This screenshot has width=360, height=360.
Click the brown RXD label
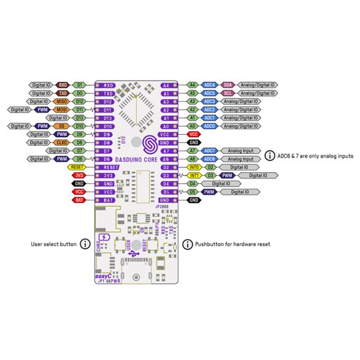pyautogui.click(x=63, y=85)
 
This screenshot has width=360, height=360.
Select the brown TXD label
pyautogui.click(x=63, y=93)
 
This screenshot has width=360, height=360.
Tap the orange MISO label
pyautogui.click(x=62, y=101)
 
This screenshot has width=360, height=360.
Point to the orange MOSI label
pyautogui.click(x=62, y=110)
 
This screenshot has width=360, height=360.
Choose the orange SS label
pyautogui.click(x=62, y=126)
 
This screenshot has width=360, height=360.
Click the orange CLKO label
pyautogui.click(x=62, y=142)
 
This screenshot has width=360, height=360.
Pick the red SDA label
pyautogui.click(x=228, y=85)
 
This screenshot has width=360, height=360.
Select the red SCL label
pyautogui.click(x=228, y=93)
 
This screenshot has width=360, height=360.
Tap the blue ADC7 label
pyautogui.click(x=210, y=150)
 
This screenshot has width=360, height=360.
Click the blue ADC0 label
pyautogui.click(x=210, y=126)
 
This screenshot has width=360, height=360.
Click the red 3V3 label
pyautogui.click(x=79, y=175)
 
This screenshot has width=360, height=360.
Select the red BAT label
pyautogui.click(x=79, y=200)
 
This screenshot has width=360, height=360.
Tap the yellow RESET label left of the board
pyautogui.click(x=78, y=167)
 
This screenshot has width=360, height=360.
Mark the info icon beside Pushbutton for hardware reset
pyautogui.click(x=186, y=244)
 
